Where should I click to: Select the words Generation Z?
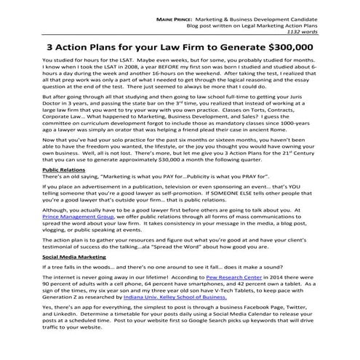pyautogui.click(x=63, y=297)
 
